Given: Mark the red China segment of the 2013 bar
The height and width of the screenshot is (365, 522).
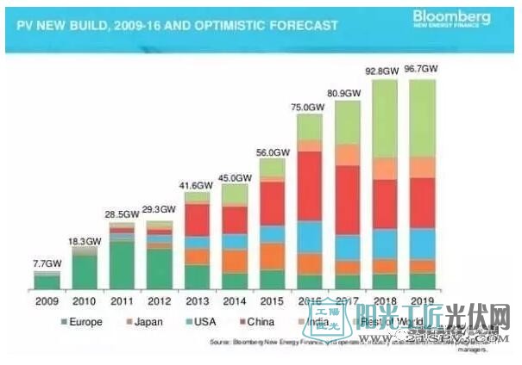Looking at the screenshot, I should [x=197, y=220].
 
